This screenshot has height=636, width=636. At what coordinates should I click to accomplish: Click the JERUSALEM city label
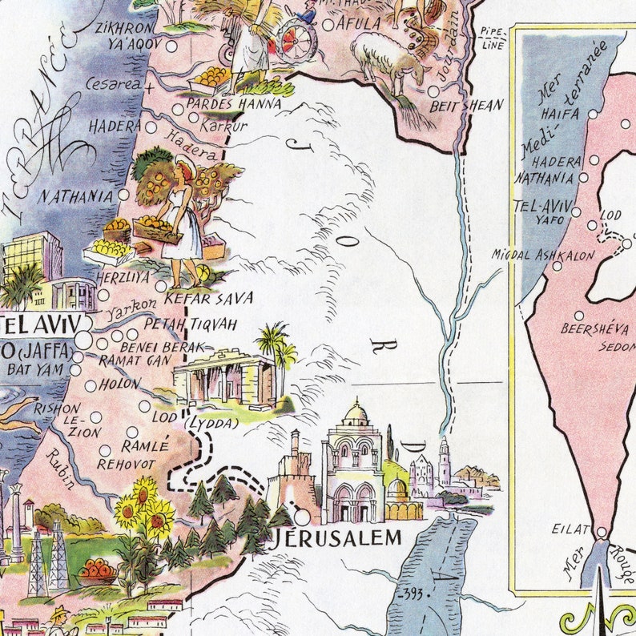[x=337, y=537]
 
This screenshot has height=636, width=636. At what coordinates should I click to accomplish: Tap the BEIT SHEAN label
[x=466, y=105]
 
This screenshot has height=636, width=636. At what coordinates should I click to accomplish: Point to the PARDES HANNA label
[x=234, y=104]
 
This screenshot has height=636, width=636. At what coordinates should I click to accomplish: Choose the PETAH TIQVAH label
[x=191, y=324]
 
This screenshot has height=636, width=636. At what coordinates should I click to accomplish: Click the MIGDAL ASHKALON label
[x=544, y=256]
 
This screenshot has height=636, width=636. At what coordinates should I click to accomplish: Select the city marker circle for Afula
[x=328, y=25]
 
